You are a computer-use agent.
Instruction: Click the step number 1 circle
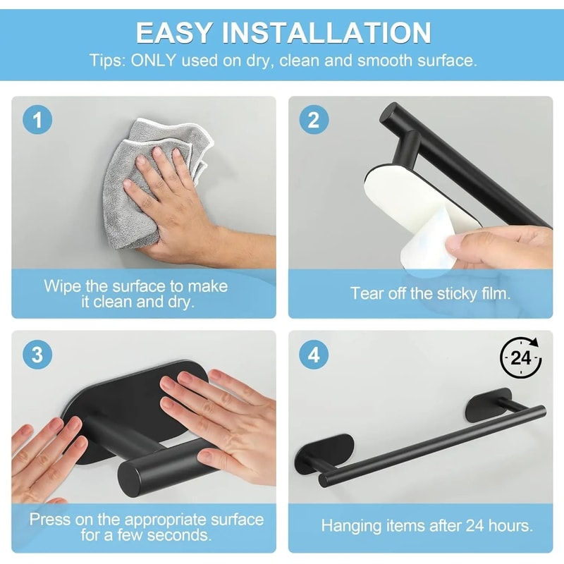point(37,120)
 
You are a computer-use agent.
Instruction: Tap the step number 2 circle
point(314,120)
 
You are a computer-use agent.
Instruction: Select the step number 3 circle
point(37,355)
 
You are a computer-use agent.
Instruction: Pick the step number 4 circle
point(314,355)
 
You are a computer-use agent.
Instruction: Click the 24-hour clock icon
point(521,358)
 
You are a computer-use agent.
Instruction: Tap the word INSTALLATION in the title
point(327,33)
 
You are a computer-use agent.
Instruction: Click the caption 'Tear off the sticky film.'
point(430,293)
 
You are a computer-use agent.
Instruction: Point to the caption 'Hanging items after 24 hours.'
point(427,525)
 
